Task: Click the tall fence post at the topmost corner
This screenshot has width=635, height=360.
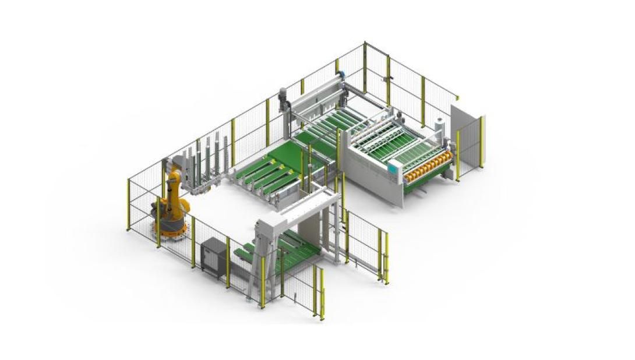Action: coord(365,67)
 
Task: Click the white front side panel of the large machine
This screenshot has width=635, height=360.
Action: coord(373,181)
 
